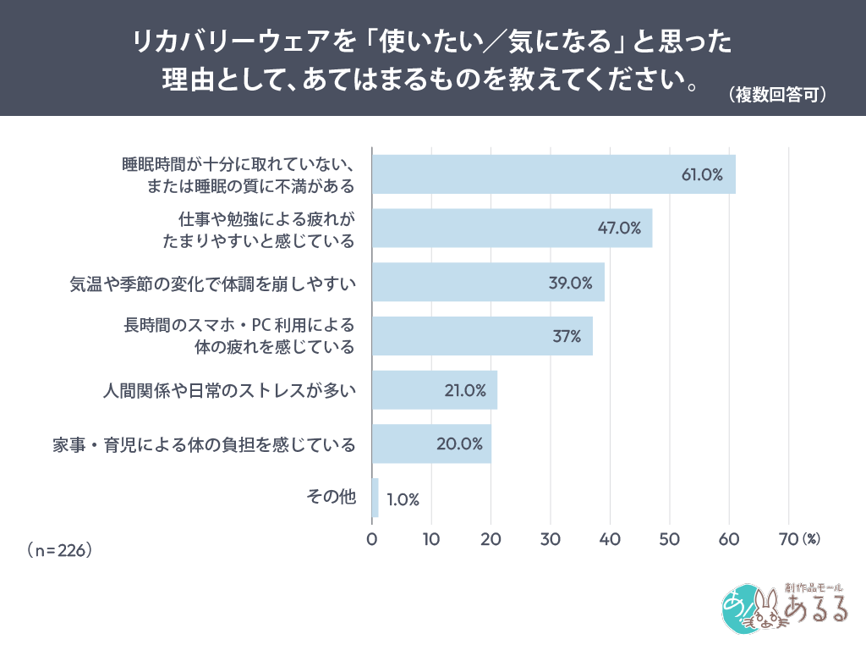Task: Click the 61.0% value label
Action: [x=702, y=175]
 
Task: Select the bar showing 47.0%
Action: [x=512, y=229]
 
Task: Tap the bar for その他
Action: [x=375, y=498]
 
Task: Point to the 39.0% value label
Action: [x=570, y=283]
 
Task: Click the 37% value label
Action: [x=567, y=336]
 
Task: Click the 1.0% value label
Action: [x=403, y=499]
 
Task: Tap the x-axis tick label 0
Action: [x=372, y=538]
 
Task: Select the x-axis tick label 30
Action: [x=551, y=538]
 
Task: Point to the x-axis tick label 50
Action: [x=670, y=538]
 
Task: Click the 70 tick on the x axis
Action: [x=787, y=538]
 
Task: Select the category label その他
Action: [x=332, y=498]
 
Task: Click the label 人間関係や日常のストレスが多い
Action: [x=228, y=390]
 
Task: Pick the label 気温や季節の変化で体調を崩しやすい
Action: [x=211, y=283]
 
